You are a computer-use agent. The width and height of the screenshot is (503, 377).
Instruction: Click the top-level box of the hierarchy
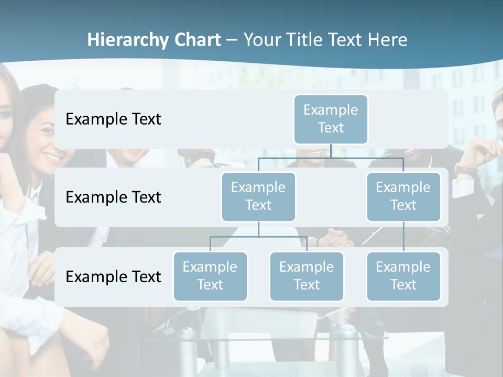click(331, 119)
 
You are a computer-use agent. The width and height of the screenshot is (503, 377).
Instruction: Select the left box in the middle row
click(258, 196)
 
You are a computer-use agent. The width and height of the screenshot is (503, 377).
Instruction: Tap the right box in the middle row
click(403, 196)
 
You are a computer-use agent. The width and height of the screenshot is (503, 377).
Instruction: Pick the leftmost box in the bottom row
click(210, 276)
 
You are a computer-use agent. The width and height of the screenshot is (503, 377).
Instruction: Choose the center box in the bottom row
click(307, 276)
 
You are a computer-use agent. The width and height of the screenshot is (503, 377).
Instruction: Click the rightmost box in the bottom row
click(403, 276)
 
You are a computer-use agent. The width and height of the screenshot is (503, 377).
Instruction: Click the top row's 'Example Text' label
click(113, 119)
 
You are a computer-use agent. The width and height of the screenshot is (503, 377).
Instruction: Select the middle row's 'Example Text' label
click(113, 197)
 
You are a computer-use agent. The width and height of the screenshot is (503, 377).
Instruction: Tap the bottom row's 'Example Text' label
click(113, 277)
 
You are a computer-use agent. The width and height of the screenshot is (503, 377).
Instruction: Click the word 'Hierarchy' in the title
click(128, 40)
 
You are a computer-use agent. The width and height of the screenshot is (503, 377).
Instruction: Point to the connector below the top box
click(331, 151)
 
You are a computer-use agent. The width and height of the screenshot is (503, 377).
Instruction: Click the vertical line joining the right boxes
click(403, 236)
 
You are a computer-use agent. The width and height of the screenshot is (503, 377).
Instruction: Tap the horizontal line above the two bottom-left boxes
click(258, 237)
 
